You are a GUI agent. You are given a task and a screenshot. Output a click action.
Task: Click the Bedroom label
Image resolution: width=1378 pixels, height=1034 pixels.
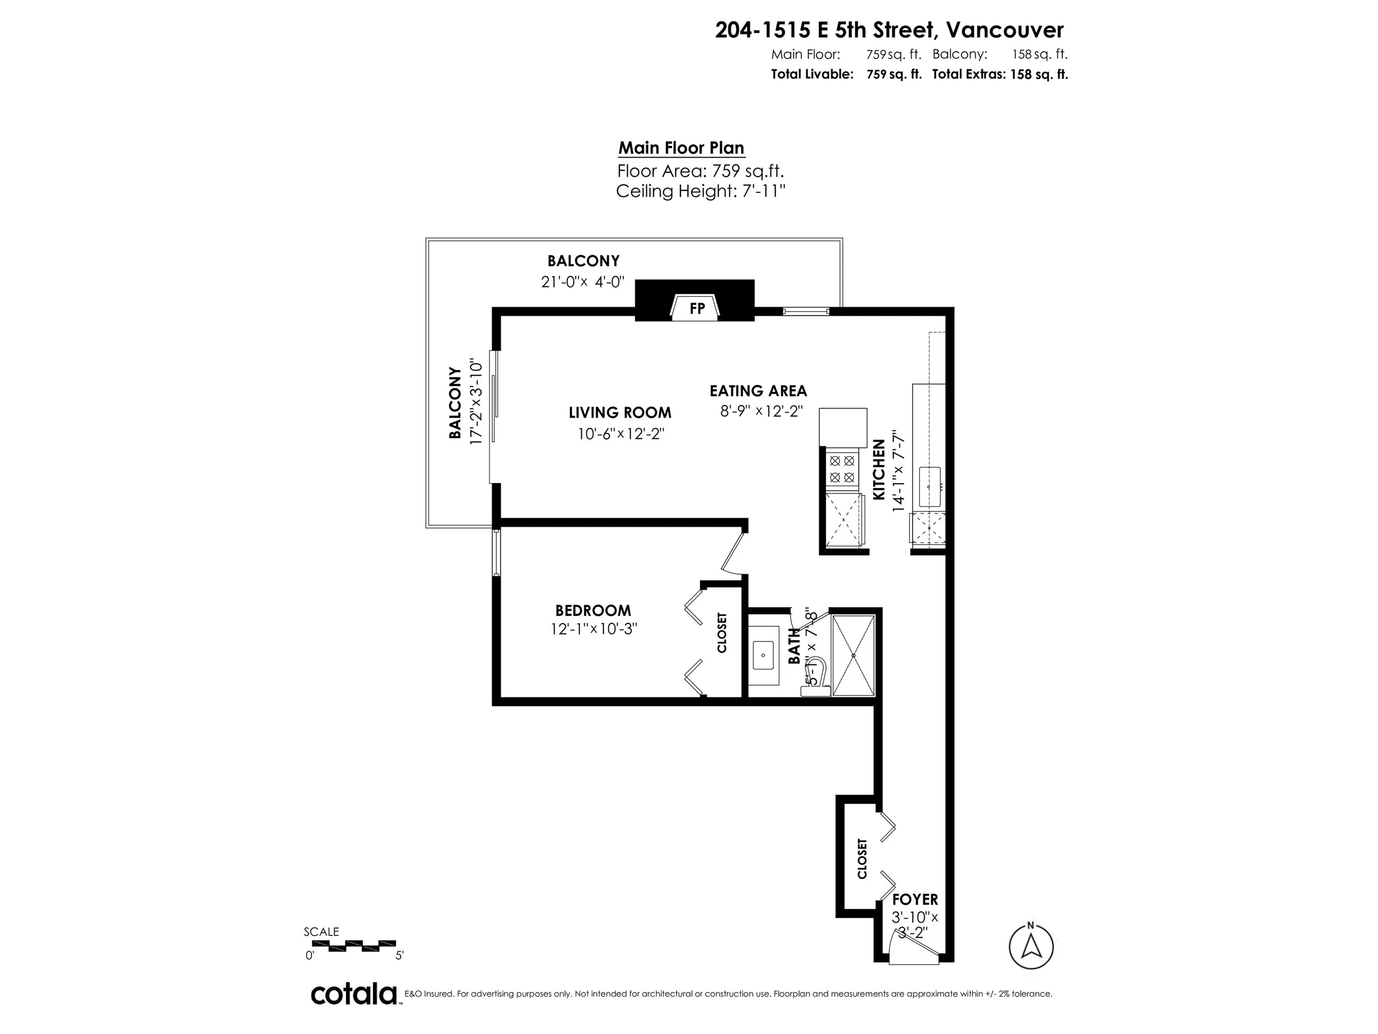593,610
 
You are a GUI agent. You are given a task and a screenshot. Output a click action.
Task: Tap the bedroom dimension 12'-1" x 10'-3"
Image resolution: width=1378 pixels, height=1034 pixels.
594,629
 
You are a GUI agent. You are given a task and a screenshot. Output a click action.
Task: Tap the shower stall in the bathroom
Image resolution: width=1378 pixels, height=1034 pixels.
853,655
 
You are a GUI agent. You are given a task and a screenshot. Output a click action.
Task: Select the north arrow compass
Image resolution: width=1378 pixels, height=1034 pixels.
1031,947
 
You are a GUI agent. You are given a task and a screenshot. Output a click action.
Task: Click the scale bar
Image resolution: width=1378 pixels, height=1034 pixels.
353,945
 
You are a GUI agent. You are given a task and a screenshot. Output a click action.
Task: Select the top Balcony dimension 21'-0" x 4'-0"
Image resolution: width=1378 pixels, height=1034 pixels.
582,282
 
